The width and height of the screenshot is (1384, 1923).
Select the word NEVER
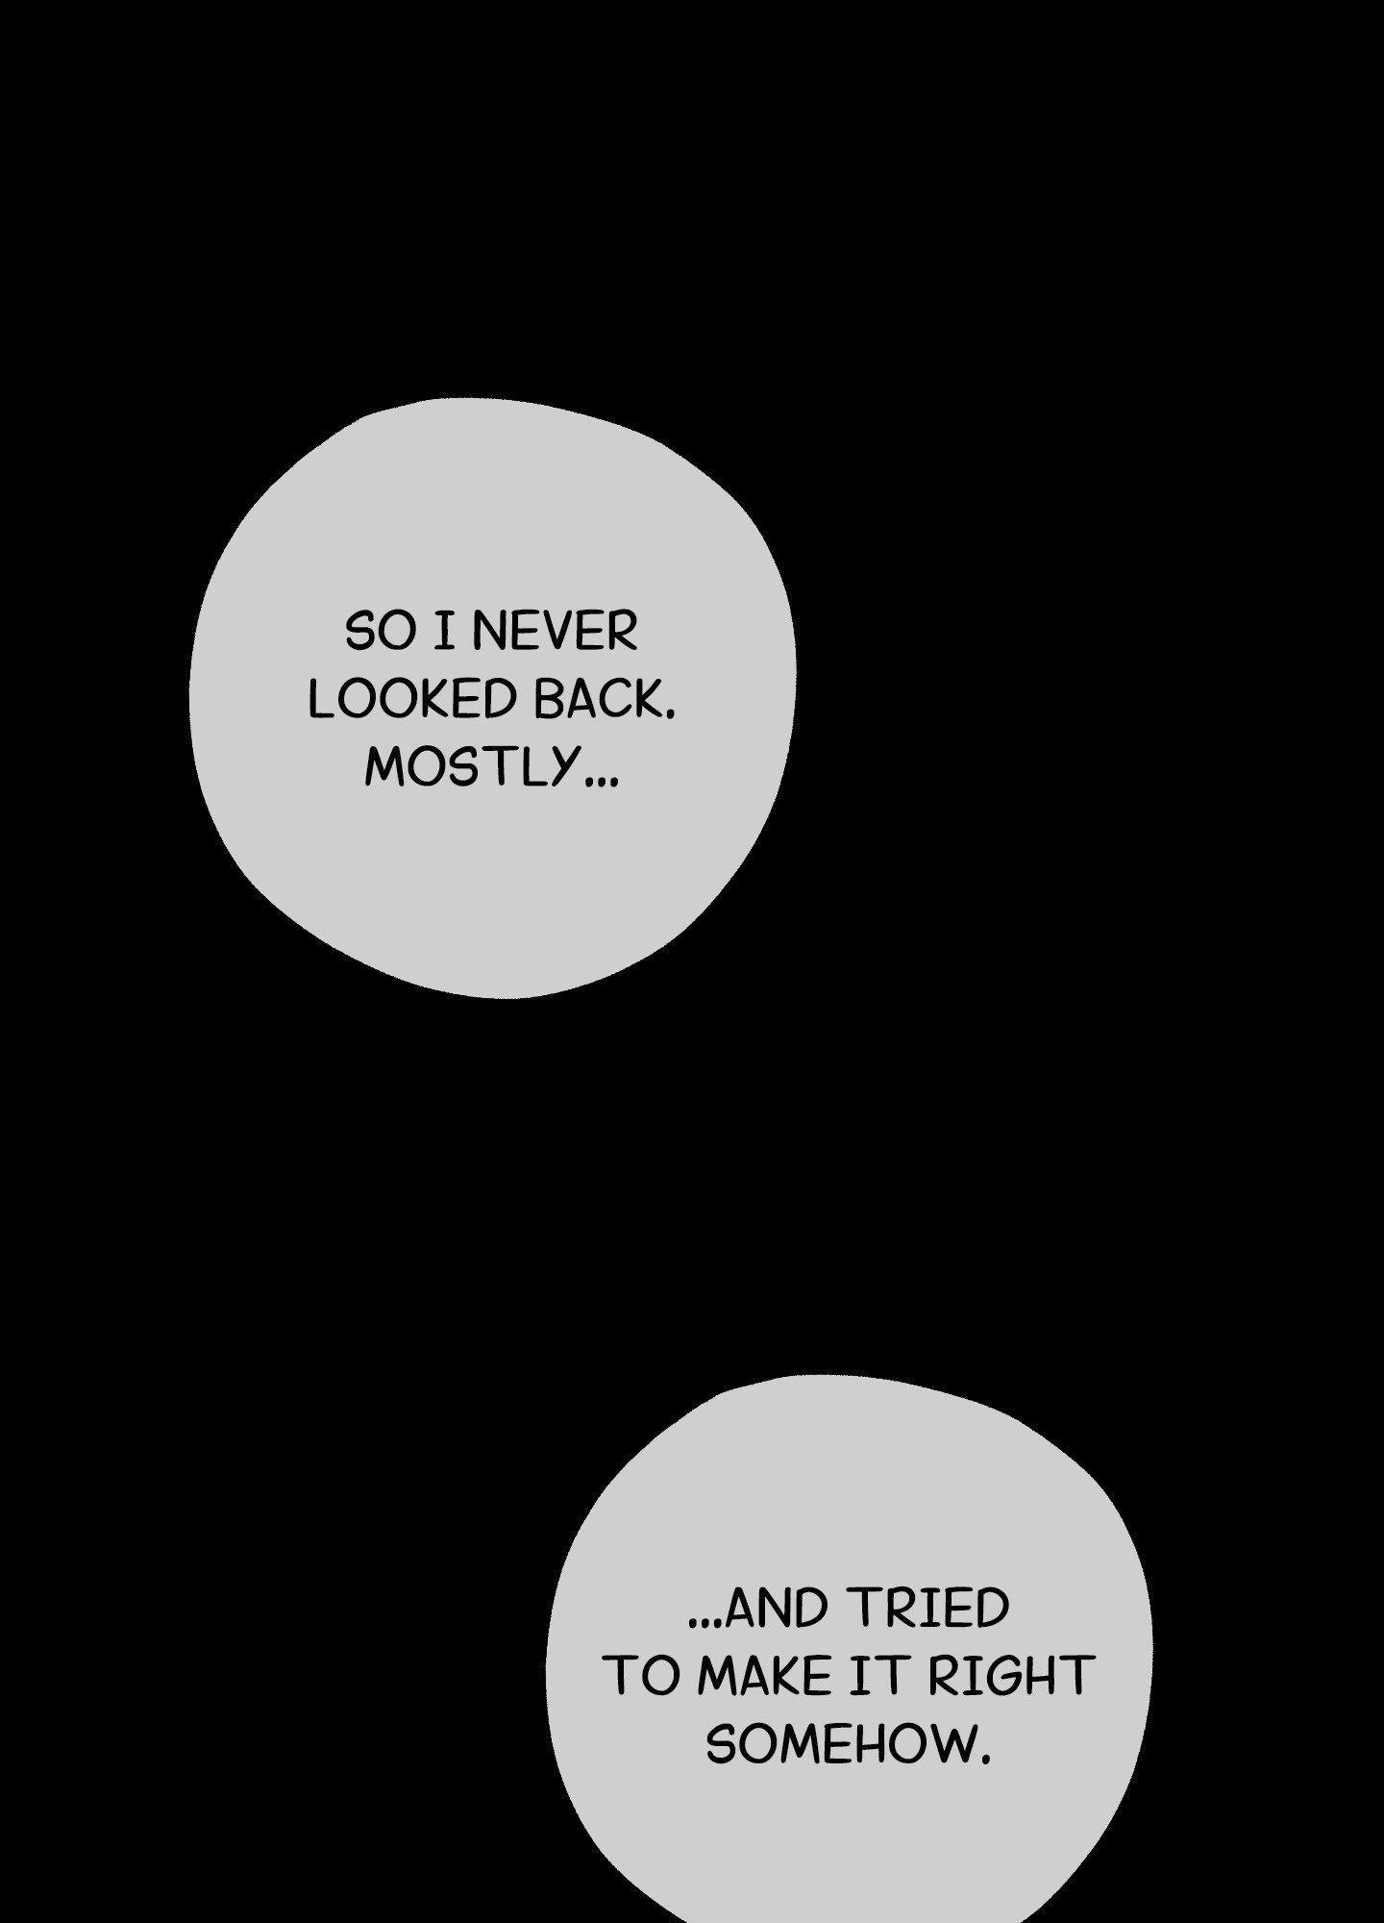556,633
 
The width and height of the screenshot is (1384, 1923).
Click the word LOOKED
413,700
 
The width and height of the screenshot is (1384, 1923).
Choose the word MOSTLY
469,767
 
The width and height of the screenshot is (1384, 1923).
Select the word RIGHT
1010,1676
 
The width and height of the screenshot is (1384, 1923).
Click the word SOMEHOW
839,1743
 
